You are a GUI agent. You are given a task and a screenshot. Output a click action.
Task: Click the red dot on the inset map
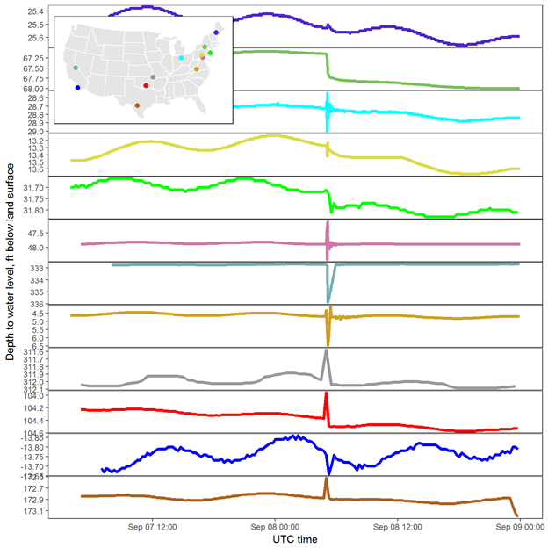[146, 85]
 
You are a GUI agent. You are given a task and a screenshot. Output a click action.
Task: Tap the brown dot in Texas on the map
[137, 105]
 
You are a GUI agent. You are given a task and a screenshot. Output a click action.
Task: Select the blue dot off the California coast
[78, 87]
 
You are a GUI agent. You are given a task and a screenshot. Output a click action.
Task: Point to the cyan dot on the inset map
[181, 58]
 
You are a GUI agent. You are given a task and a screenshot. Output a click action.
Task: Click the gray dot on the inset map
[153, 77]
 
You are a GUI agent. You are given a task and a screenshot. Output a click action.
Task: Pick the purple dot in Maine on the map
[216, 32]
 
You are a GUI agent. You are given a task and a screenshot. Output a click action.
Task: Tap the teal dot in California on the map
[76, 68]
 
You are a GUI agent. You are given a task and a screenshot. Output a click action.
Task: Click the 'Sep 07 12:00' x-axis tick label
[155, 528]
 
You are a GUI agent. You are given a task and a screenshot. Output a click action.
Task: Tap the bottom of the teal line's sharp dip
[328, 300]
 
